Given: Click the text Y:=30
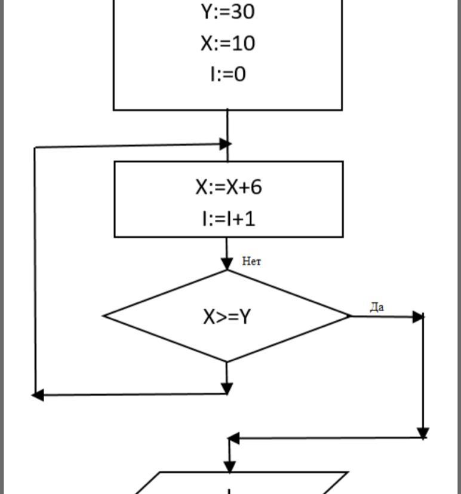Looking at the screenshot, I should coord(228,11).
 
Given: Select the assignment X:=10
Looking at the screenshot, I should coord(228,43).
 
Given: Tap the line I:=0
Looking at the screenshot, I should coord(228,74).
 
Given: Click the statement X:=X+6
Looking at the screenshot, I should coord(228,187).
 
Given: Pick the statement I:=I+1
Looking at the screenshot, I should coord(228,219).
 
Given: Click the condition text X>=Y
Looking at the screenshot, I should coord(227,316).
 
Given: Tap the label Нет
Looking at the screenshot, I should coord(251,261).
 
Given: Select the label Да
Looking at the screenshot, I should coord(377,308).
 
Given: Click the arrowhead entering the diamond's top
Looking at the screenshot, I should coord(227,263).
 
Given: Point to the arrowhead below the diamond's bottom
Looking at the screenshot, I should coord(227,388).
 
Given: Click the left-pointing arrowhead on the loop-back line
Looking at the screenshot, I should coord(38,395).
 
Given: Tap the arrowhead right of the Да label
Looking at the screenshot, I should coord(418,317).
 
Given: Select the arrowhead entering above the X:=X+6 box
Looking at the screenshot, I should coord(225,143).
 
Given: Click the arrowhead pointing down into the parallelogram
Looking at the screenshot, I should coord(229,465).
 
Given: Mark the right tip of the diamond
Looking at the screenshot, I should coord(350,316).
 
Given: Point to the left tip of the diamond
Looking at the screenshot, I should coord(105,316).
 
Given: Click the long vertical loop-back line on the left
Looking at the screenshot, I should coord(36,269).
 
